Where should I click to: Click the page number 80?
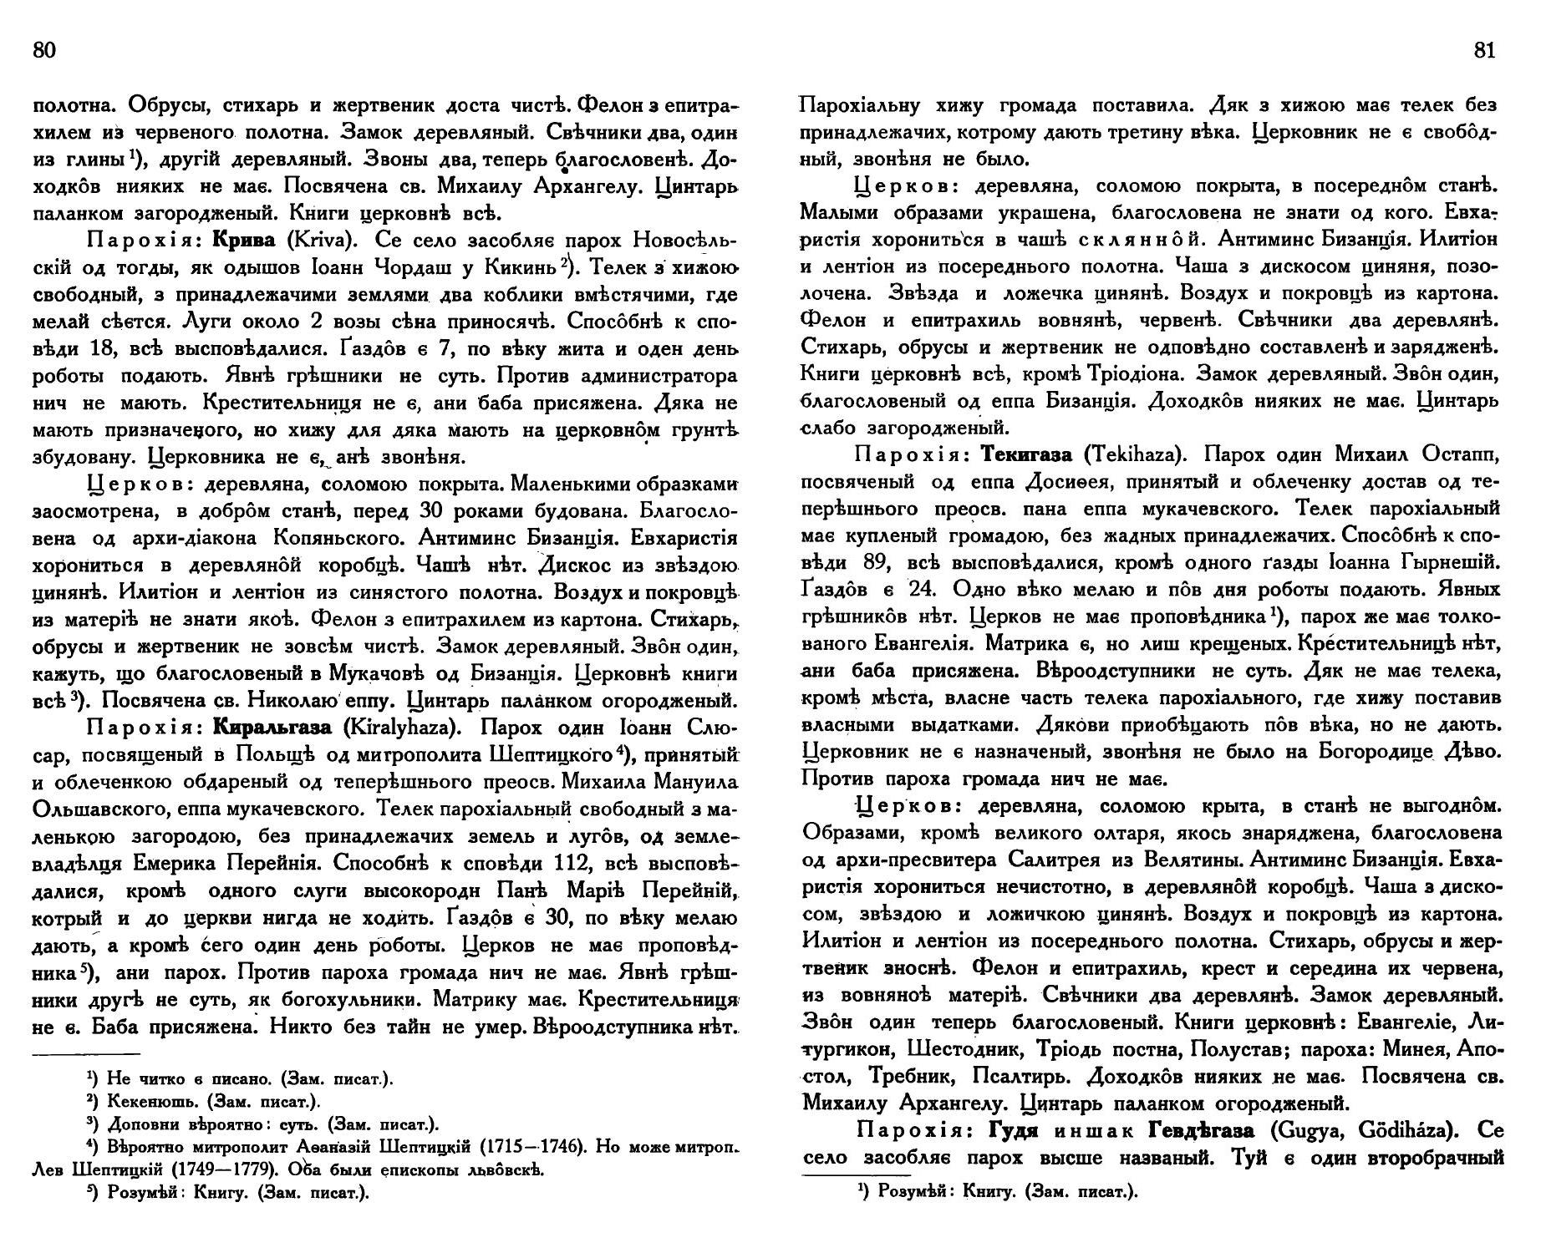(43, 50)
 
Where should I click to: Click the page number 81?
(1484, 50)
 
